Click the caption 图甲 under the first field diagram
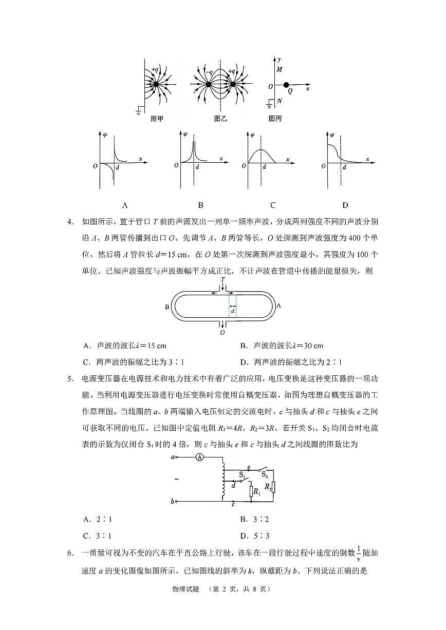click(157, 119)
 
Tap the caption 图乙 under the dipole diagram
click(220, 119)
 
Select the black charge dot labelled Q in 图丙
click(286, 85)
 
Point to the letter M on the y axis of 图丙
click(280, 69)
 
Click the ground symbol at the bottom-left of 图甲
click(139, 111)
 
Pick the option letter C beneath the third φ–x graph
click(272, 205)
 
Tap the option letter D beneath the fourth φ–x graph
click(345, 205)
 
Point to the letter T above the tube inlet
click(222, 280)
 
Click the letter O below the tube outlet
click(222, 333)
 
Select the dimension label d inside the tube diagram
click(233, 311)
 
